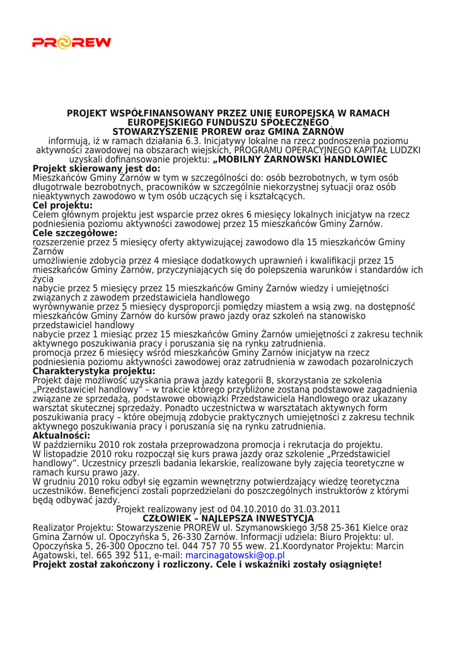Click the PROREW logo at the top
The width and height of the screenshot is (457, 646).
(x=71, y=43)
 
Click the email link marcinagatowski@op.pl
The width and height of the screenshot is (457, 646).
(x=234, y=556)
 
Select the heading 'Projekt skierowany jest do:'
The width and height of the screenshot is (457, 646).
(x=96, y=169)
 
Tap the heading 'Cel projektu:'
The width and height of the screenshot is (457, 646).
(x=62, y=206)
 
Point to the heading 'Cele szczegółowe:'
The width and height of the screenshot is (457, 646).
(x=75, y=233)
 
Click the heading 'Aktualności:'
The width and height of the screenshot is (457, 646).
(x=61, y=436)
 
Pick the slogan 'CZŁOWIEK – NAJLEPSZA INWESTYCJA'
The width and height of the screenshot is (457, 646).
(x=228, y=519)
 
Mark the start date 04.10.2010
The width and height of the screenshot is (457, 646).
(x=237, y=509)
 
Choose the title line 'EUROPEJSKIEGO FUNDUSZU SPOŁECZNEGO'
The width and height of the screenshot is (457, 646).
(x=228, y=122)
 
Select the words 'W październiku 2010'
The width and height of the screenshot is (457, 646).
(x=72, y=445)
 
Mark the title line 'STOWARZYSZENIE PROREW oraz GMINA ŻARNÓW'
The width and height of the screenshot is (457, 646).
(x=228, y=132)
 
